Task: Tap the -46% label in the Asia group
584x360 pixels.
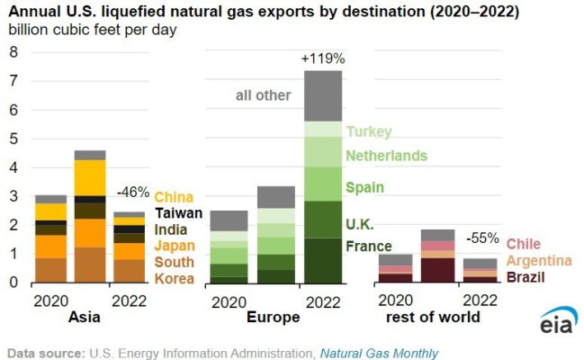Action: [133, 192]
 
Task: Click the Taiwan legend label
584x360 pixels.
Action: [178, 213]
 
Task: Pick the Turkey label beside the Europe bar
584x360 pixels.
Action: [369, 131]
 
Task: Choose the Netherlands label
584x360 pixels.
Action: [387, 156]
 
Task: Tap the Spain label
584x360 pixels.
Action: [365, 188]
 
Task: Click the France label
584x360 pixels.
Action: [369, 246]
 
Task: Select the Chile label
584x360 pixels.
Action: [523, 244]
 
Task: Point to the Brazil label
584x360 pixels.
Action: [525, 276]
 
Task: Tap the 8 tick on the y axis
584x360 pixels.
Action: [13, 51]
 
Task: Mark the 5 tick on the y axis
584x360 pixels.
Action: [13, 139]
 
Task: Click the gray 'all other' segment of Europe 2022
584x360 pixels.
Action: [323, 95]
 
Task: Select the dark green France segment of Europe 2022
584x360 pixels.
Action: [323, 260]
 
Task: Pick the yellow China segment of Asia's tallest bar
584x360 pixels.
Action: [90, 177]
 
